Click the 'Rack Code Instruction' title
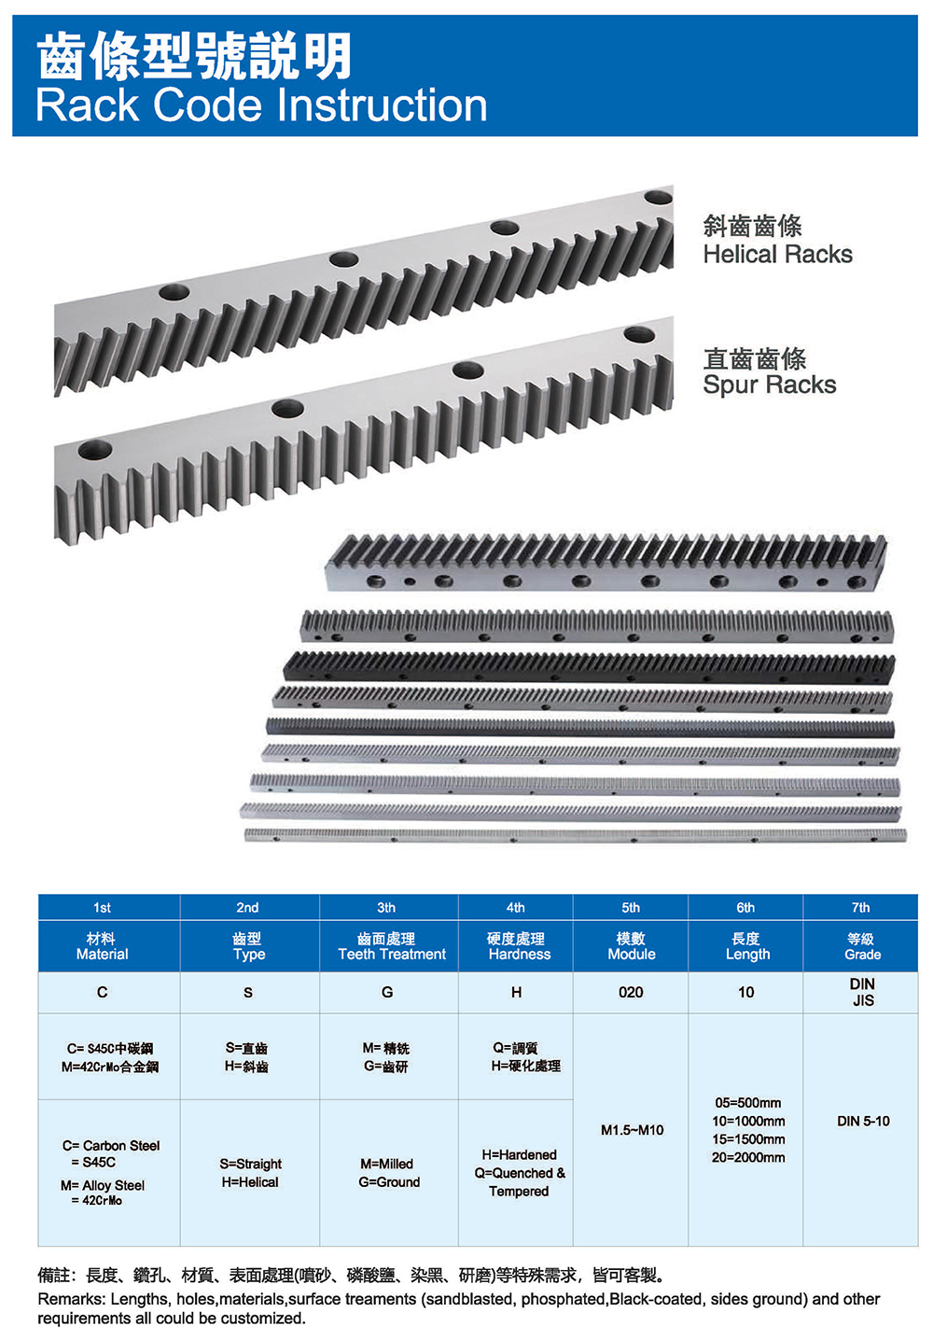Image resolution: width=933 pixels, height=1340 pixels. point(261,105)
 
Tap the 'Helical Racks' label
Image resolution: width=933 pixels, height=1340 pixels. point(777,255)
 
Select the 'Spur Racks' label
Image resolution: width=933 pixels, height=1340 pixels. point(769,385)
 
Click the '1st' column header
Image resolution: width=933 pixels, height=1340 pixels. point(102,907)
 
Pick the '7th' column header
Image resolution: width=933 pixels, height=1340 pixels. point(860,907)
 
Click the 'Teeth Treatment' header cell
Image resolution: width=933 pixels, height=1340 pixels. point(392,955)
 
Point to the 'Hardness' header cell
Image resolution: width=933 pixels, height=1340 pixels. point(520,955)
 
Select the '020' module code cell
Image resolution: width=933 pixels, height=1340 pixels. point(631,992)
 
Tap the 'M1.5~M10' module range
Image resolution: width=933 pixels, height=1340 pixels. point(633,1130)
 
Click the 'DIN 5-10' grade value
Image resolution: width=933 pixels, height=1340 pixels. point(863,1121)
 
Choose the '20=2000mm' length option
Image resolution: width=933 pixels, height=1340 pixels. point(748,1157)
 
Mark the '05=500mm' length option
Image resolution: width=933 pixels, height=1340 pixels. point(748,1103)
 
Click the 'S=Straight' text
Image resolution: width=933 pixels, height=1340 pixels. point(251,1164)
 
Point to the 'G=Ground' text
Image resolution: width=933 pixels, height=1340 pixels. point(389,1182)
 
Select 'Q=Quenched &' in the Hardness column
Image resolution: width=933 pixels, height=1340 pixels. point(520,1173)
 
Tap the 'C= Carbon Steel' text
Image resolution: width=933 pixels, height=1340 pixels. point(111,1145)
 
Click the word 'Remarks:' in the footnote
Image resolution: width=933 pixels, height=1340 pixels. point(71,1299)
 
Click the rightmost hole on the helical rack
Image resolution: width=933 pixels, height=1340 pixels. point(658,198)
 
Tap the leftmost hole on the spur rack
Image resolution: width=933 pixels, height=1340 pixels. point(94,452)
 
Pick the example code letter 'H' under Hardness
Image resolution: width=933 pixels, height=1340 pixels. point(516,992)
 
